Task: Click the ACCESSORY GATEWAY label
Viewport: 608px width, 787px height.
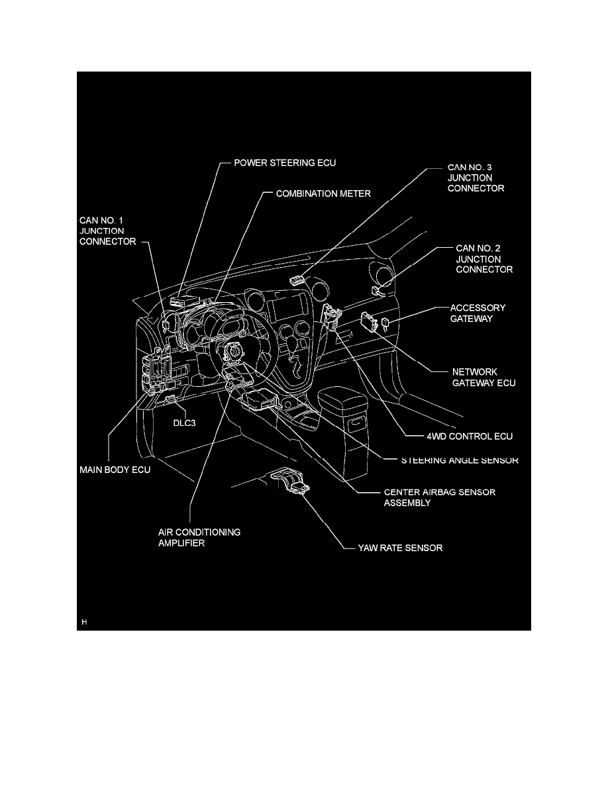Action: (x=478, y=313)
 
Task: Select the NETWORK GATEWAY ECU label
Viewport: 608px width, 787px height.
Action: (x=483, y=377)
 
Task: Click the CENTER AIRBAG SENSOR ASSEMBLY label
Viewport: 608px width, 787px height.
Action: (x=439, y=497)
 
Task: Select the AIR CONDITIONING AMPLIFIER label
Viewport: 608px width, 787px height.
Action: (x=189, y=537)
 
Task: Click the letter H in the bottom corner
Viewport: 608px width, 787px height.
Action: (x=84, y=622)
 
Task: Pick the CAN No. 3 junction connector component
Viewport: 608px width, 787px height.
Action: (x=299, y=280)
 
